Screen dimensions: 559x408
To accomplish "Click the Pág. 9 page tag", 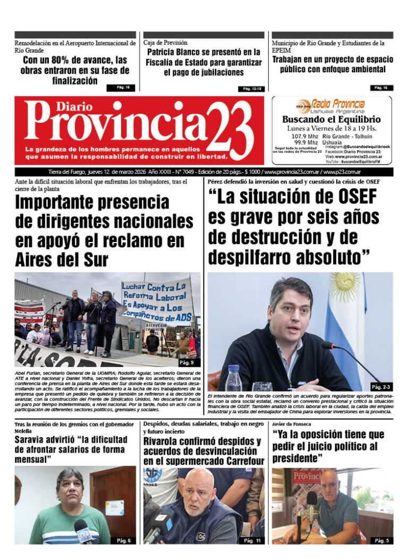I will coord(186,363).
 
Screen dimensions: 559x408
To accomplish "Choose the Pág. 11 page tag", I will coord(252,540).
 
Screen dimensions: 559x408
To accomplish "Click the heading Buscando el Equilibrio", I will coord(331,120).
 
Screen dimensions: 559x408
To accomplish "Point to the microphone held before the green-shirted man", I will coord(82,530).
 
